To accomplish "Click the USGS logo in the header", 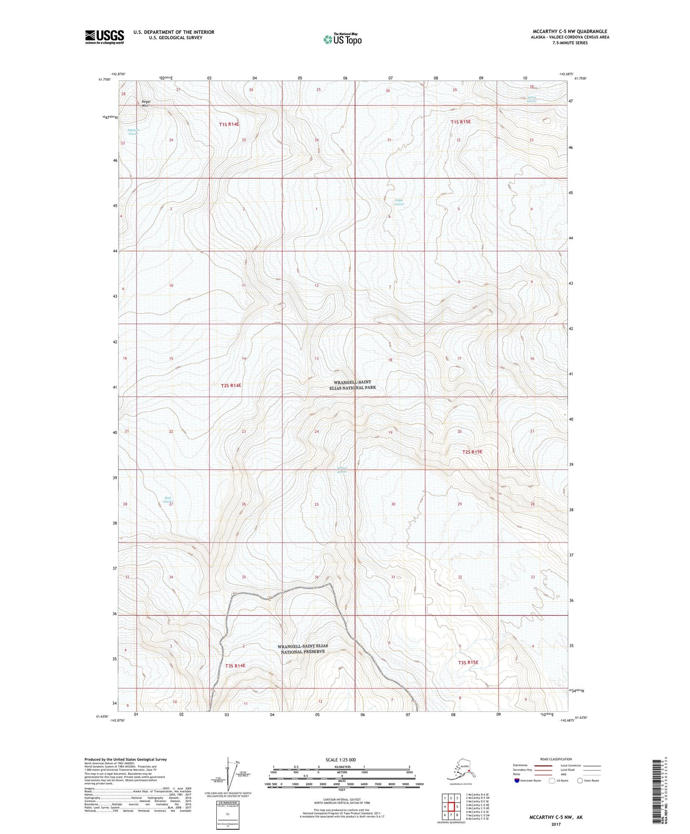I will [105, 37].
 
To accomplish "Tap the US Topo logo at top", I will [342, 39].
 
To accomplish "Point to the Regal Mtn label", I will [145, 103].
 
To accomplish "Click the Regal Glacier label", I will [399, 202].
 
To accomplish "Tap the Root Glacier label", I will [167, 500].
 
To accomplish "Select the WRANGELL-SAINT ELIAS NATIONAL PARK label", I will [354, 385].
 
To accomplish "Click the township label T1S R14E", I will [229, 124].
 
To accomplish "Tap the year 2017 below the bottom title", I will [556, 824].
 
